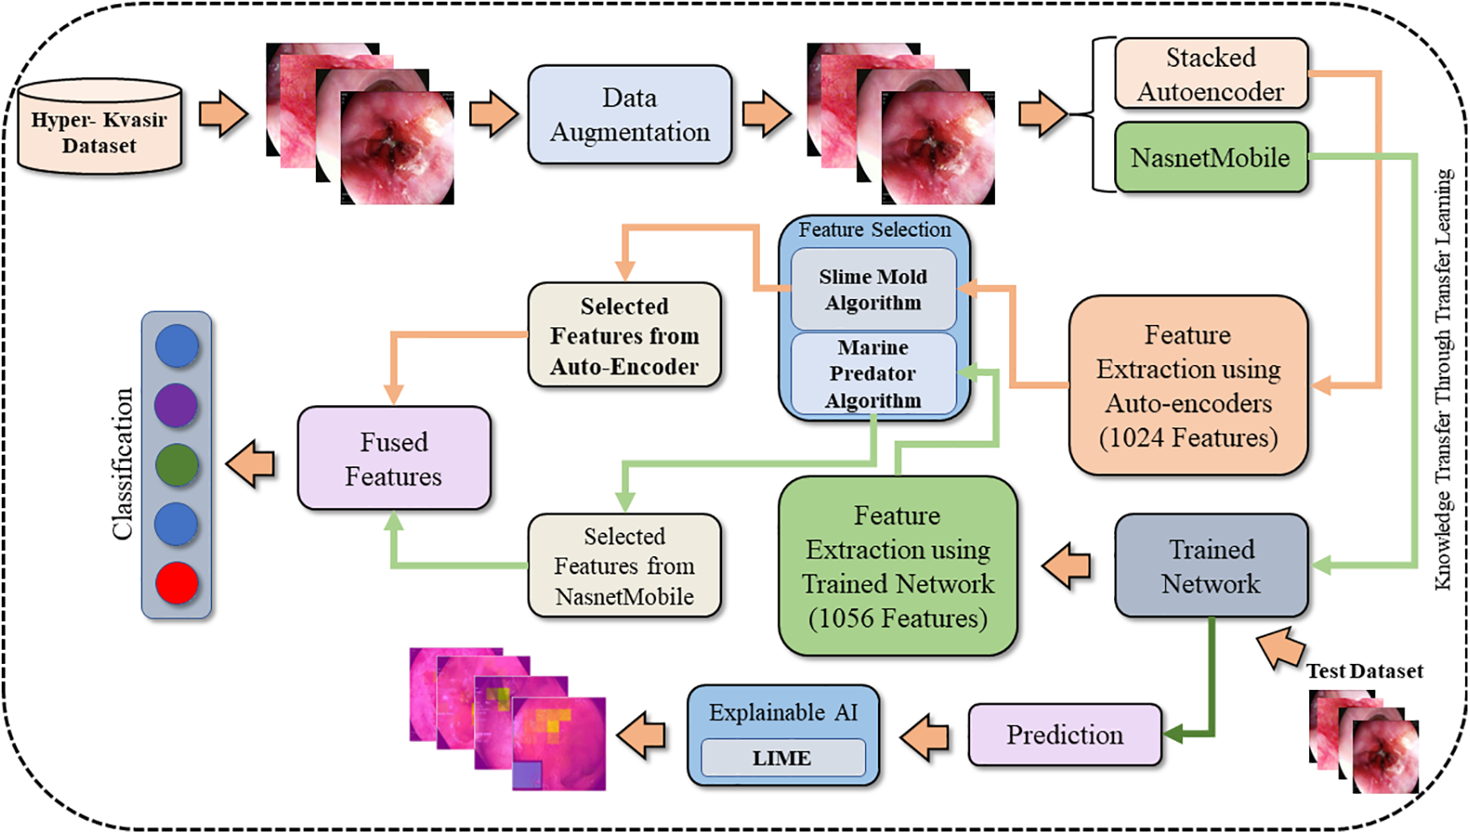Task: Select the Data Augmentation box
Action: click(629, 115)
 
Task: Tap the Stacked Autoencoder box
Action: click(1210, 74)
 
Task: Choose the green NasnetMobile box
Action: click(1210, 157)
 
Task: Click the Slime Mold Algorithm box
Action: click(873, 289)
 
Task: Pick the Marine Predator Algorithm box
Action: click(873, 373)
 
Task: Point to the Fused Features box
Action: click(394, 459)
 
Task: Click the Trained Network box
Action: click(1210, 566)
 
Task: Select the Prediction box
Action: click(1065, 735)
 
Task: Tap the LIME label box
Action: click(782, 758)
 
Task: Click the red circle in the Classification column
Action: click(177, 583)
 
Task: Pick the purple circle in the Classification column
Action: click(177, 405)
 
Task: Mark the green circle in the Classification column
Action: click(177, 465)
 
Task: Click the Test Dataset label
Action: click(1364, 671)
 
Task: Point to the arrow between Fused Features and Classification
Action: click(251, 464)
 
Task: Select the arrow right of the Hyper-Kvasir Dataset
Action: click(224, 114)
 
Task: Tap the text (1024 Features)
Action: click(1188, 438)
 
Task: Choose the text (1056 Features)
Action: click(898, 618)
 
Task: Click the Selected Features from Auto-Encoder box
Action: click(624, 336)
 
